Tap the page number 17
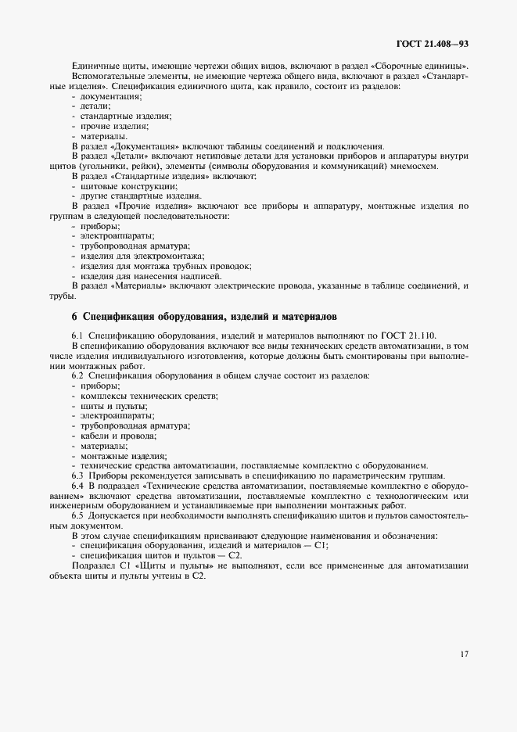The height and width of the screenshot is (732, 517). (464, 655)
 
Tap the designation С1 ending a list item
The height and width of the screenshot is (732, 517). (321, 545)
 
